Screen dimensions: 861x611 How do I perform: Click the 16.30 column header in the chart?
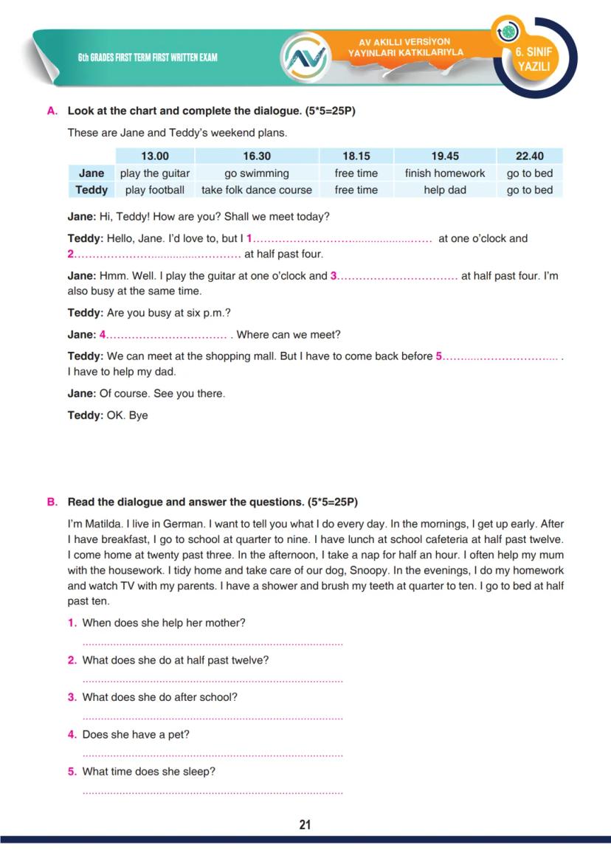coord(257,156)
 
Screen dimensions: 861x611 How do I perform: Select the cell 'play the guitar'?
coord(155,173)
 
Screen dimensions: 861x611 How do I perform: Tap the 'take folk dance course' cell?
coord(257,190)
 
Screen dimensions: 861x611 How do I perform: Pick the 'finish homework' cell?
coord(445,173)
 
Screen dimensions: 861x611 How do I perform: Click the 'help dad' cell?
coord(445,190)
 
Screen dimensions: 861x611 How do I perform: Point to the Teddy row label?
coord(92,190)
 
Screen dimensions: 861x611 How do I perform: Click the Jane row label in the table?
coord(92,173)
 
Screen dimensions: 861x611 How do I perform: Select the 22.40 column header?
coord(529,156)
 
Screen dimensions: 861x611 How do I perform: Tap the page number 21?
coord(305,825)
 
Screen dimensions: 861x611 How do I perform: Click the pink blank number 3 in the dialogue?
coord(334,276)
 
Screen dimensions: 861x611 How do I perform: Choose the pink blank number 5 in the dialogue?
coord(439,356)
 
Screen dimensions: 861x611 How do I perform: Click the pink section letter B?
coord(52,502)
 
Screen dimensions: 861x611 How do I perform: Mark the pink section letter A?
coord(52,111)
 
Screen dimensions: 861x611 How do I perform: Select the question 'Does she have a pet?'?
coord(136,735)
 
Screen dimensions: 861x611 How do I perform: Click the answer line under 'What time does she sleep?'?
coord(213,792)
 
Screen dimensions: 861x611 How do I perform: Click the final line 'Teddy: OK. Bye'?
coord(108,415)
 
